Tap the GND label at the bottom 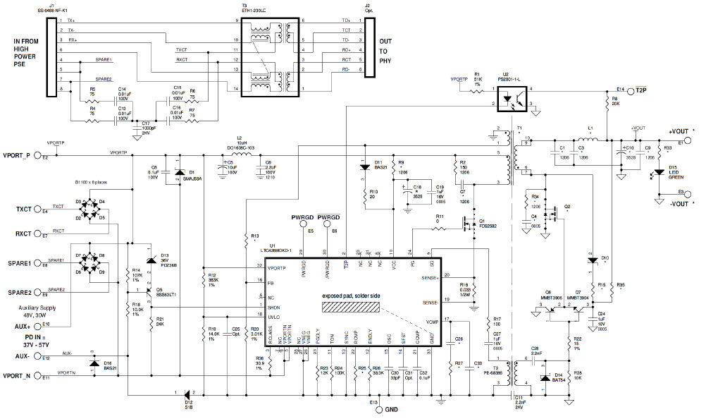point(392,409)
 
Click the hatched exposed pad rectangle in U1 point(352,308)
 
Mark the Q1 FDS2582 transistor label point(488,224)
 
